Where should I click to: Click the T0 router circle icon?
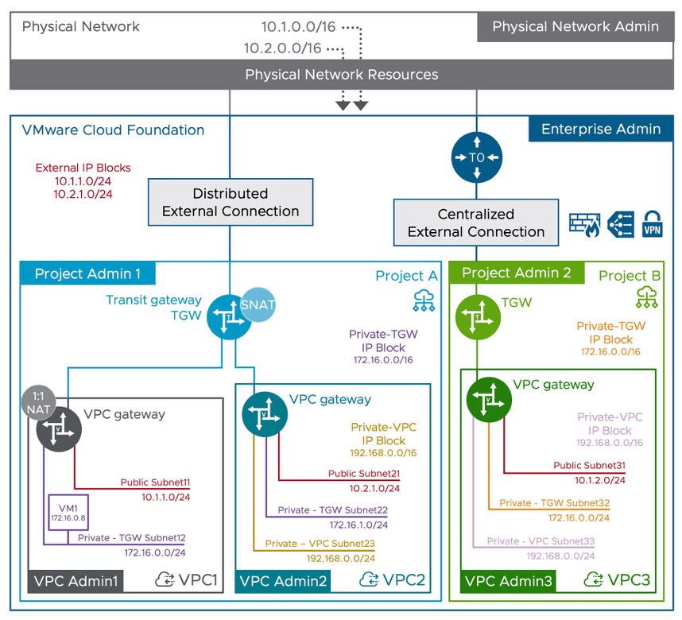[477, 157]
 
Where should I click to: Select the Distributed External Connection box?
[231, 203]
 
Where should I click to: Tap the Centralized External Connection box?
[476, 223]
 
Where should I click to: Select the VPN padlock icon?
[652, 224]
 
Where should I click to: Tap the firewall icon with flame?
[584, 224]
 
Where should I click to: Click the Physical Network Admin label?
[575, 27]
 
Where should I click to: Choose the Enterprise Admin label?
[600, 130]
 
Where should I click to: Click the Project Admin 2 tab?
[517, 273]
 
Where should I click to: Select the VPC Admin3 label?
[508, 581]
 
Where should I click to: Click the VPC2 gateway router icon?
[265, 416]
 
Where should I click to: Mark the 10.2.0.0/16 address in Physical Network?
[282, 48]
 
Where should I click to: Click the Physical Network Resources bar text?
[341, 75]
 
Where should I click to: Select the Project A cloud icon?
[423, 300]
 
